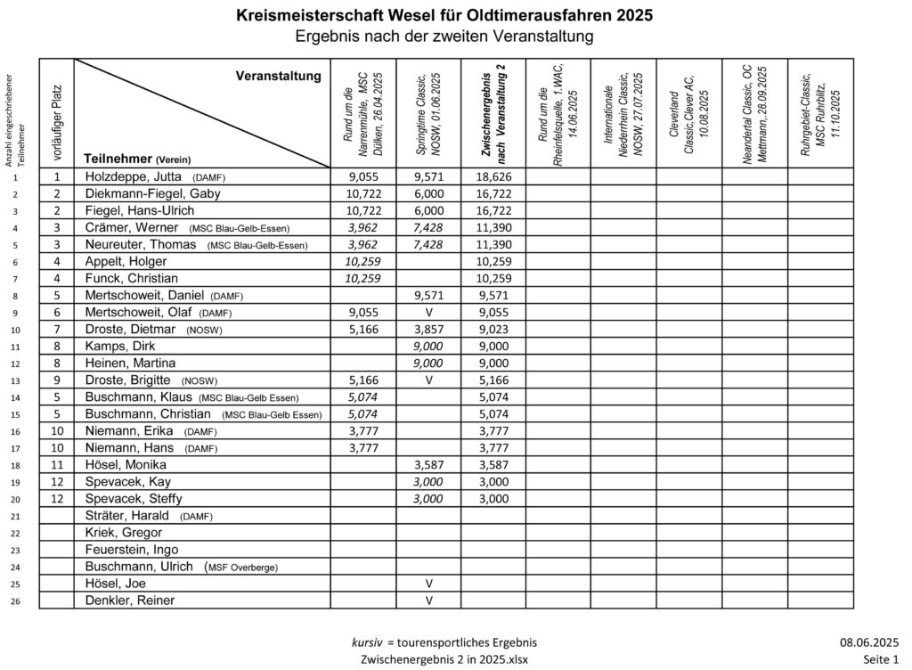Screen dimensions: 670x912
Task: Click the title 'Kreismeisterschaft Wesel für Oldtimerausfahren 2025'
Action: click(x=444, y=15)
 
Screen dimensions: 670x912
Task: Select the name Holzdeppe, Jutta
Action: click(x=133, y=177)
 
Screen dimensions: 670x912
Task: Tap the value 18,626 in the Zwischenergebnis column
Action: click(x=493, y=177)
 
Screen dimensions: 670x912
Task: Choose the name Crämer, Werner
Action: click(x=131, y=228)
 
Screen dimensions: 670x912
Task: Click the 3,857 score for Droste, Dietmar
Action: click(x=428, y=330)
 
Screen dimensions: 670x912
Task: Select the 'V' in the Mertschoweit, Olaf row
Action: click(x=428, y=313)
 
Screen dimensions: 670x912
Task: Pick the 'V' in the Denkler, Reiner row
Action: click(x=428, y=601)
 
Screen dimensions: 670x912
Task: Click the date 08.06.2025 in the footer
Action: click(x=868, y=641)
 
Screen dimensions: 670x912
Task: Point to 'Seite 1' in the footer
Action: click(x=880, y=658)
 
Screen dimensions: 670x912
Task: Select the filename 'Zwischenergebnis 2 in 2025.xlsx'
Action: click(x=444, y=658)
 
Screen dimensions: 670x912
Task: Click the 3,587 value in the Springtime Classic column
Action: click(x=428, y=465)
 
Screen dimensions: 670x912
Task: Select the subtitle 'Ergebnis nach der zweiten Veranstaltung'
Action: click(x=444, y=36)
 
